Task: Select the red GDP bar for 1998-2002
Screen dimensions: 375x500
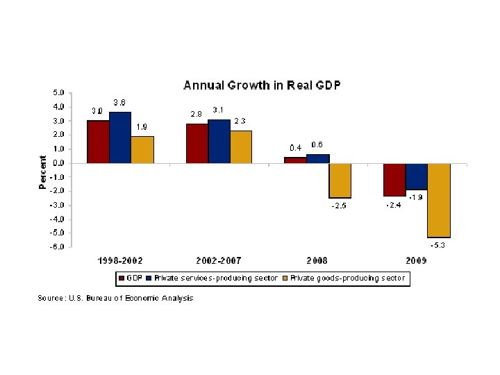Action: [98, 142]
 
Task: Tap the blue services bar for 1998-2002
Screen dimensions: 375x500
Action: [119, 137]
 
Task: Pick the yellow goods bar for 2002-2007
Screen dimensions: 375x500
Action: [241, 147]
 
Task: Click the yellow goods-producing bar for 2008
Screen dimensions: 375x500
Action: [340, 181]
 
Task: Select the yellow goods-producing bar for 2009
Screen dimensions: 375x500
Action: [439, 200]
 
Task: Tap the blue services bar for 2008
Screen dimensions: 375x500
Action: [318, 159]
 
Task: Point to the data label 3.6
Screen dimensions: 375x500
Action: [119, 103]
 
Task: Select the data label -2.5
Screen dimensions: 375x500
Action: [337, 206]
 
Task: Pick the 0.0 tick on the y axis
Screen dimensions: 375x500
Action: [60, 162]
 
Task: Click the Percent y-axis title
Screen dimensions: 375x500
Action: [43, 172]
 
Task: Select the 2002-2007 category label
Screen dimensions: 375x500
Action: [219, 260]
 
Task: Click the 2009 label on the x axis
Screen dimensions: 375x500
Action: [417, 260]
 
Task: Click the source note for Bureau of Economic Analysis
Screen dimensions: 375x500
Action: [115, 298]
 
